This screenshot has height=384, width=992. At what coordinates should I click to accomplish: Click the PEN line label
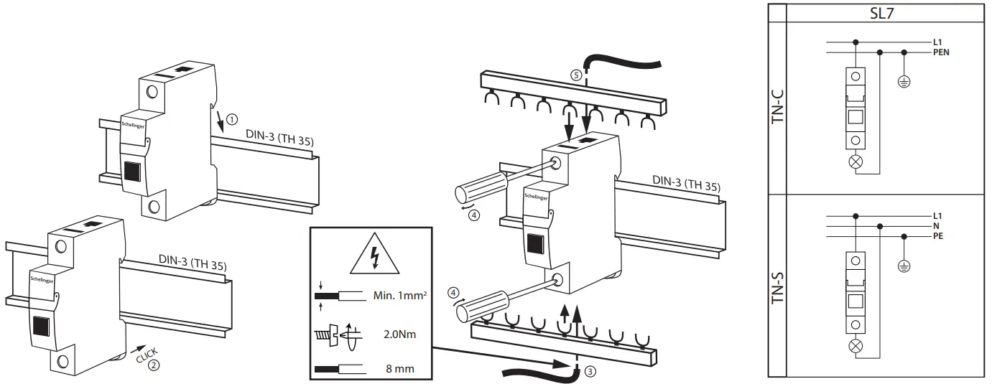pyautogui.click(x=941, y=53)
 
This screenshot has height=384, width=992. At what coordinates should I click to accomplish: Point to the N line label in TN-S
pyautogui.click(x=936, y=225)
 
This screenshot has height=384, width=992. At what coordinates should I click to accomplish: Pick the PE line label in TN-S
pyautogui.click(x=938, y=235)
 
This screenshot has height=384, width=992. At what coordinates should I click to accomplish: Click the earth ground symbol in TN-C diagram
pyautogui.click(x=904, y=81)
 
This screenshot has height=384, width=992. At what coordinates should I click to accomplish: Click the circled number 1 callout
pyautogui.click(x=231, y=117)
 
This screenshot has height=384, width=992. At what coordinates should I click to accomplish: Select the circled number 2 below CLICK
pyautogui.click(x=153, y=365)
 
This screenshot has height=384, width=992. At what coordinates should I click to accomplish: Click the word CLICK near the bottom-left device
pyautogui.click(x=148, y=351)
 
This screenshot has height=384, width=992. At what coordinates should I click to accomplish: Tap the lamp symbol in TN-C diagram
pyautogui.click(x=856, y=162)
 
